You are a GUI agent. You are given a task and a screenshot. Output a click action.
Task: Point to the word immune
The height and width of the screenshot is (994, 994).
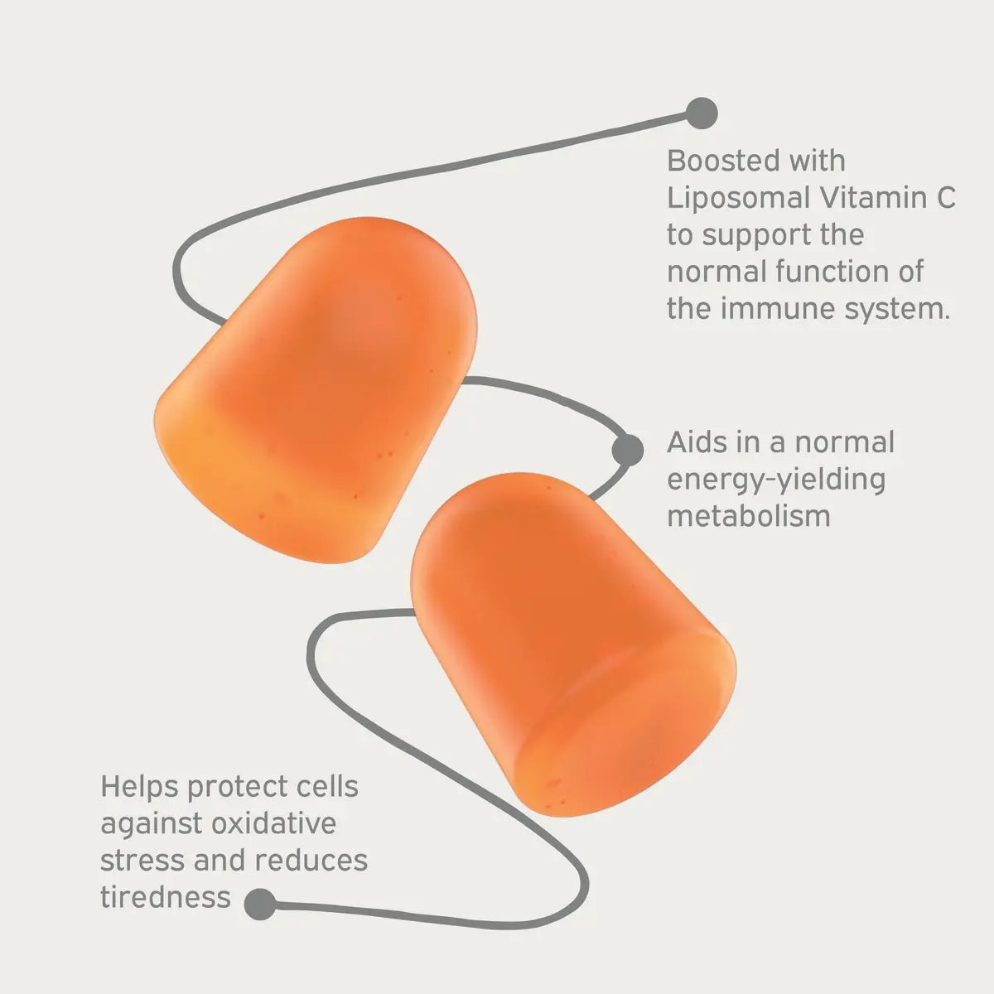774,309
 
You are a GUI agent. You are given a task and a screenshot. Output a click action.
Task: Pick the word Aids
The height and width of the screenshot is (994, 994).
698,442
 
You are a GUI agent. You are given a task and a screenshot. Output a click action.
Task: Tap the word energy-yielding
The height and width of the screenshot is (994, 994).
776,480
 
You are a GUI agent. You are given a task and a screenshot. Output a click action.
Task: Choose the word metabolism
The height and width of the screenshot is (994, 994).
748,515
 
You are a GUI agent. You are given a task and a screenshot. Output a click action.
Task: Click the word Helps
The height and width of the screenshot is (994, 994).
139,786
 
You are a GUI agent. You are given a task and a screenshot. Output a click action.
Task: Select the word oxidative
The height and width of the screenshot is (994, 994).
274,823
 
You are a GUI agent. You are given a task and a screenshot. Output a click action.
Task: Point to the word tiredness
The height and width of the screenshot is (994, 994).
165,897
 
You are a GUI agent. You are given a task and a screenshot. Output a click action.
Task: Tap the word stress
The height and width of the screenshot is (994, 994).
142,860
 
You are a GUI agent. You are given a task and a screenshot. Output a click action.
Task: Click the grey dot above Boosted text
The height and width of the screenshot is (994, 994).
702,113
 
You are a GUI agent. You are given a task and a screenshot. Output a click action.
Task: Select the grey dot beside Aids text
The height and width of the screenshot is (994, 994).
627,450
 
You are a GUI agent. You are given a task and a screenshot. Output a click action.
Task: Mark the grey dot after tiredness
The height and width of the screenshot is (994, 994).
261,904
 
